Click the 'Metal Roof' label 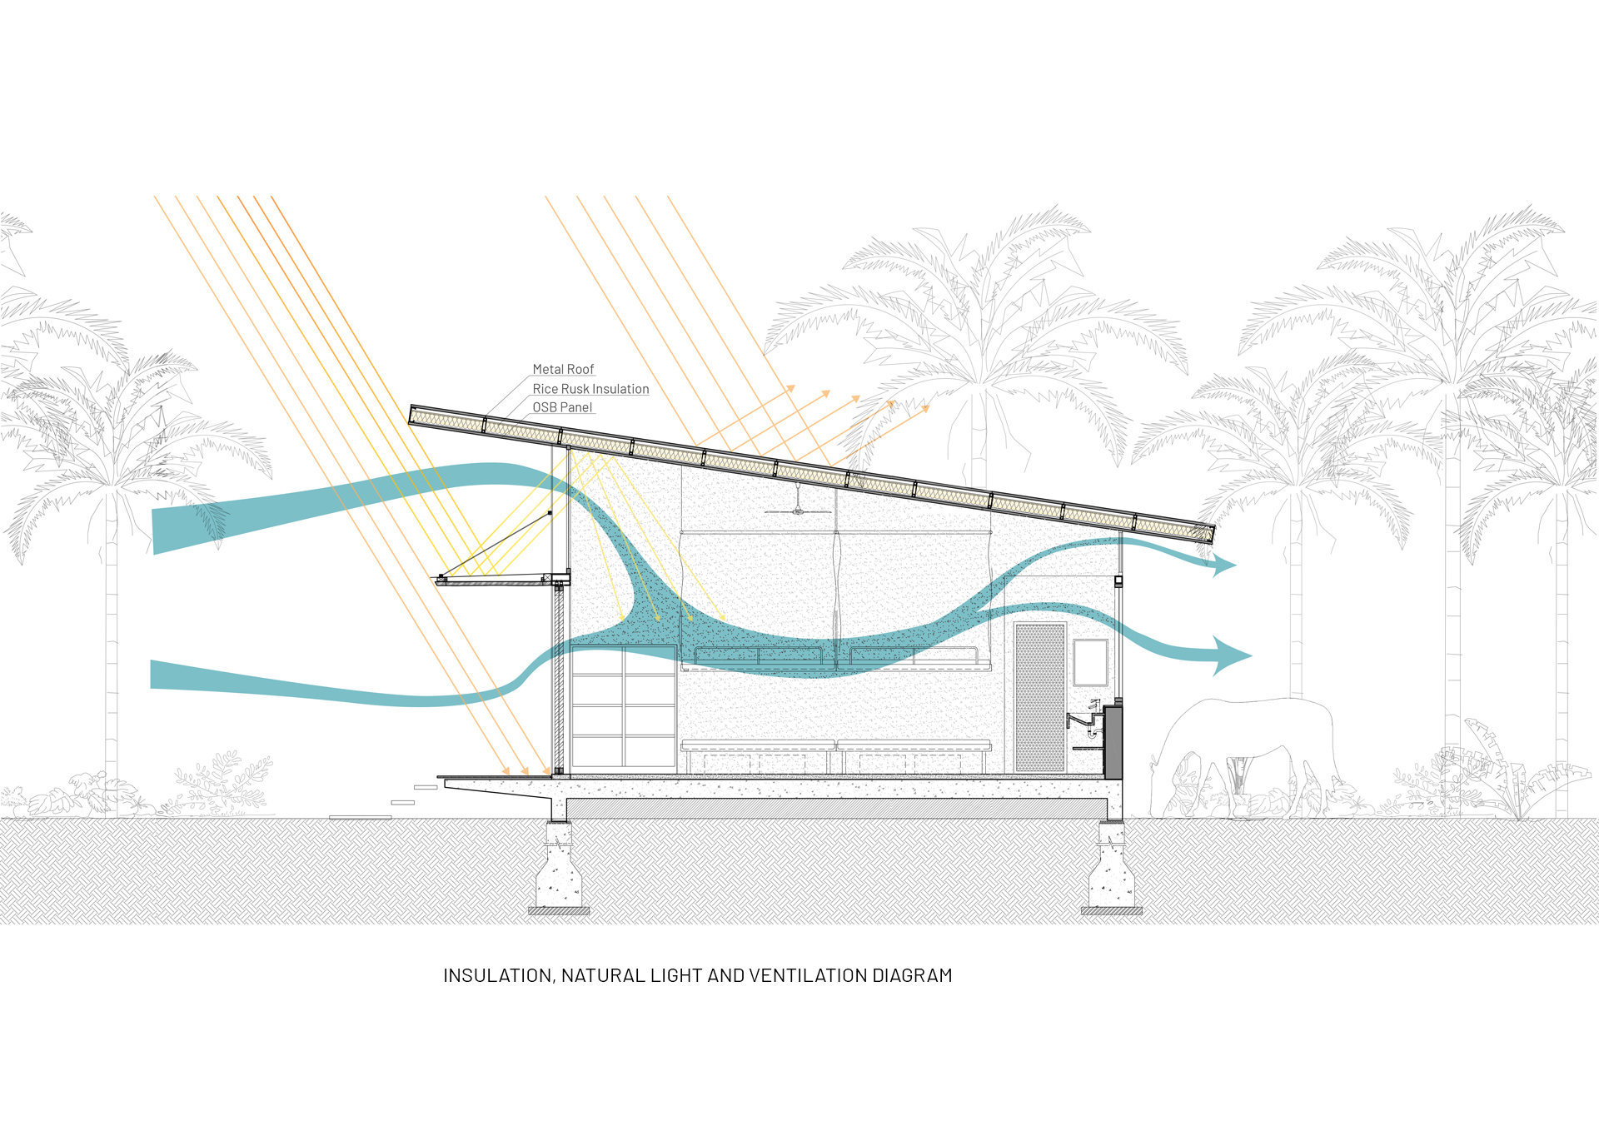pos(563,369)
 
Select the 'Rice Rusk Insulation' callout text pos(590,389)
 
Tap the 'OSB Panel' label pos(562,407)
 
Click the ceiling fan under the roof pos(798,508)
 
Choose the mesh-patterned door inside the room pos(1040,698)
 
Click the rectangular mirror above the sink pos(1090,662)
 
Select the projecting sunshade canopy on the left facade pos(501,579)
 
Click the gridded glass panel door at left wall pos(623,706)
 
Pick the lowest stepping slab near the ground pos(360,817)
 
